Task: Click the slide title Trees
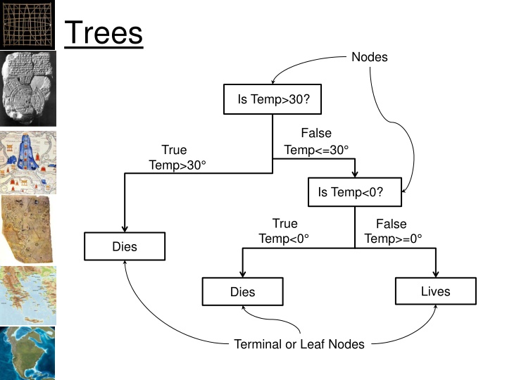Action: coord(104,32)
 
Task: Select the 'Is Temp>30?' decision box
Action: coord(273,100)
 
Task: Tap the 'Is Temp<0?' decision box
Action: coord(355,192)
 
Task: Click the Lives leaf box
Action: coord(435,291)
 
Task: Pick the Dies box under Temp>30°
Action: coord(125,247)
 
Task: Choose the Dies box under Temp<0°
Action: coord(242,291)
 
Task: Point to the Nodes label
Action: coord(369,57)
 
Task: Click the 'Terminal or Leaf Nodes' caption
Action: coord(299,344)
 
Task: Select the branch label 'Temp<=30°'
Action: coord(316,150)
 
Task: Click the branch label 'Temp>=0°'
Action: coord(393,239)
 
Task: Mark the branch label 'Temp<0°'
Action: coord(284,239)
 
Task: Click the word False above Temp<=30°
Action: coord(316,133)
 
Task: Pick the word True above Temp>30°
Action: coord(174,149)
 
